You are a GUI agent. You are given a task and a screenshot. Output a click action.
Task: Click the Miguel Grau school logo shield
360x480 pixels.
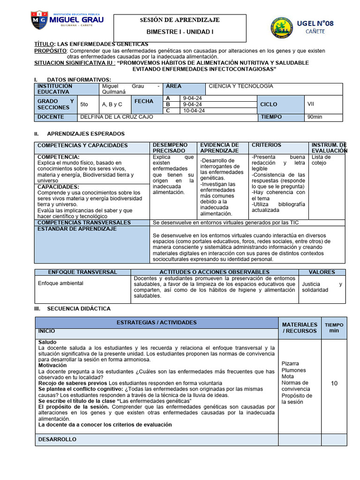[39, 21]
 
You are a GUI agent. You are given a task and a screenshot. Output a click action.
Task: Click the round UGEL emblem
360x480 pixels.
[283, 28]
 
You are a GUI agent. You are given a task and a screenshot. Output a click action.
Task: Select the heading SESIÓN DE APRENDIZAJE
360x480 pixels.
[180, 20]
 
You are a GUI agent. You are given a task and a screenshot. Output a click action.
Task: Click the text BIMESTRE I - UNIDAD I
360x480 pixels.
[180, 32]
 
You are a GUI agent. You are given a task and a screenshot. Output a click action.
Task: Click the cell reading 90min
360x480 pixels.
[315, 117]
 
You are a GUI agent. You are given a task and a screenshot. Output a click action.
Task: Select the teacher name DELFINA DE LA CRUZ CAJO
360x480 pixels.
[117, 117]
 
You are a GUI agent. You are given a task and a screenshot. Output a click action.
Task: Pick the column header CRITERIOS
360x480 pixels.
[266, 145]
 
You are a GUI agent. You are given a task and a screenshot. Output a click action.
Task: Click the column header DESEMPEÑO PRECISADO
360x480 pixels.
[170, 148]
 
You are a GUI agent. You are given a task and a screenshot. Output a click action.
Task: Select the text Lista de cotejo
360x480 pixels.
[321, 160]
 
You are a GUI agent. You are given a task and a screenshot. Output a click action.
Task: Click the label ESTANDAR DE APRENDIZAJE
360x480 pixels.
[77, 229]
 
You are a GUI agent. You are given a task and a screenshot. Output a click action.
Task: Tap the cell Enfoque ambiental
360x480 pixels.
[60, 283]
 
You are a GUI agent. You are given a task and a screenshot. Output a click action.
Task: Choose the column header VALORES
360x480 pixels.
[322, 272]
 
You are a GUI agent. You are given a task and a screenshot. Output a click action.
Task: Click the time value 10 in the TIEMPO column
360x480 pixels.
[334, 383]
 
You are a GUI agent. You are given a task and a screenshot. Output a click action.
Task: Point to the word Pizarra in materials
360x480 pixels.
[290, 363]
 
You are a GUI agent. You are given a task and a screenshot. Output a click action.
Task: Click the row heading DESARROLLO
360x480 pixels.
[57, 439]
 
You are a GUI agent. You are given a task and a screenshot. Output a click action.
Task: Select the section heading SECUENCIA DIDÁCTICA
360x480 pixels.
[79, 308]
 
